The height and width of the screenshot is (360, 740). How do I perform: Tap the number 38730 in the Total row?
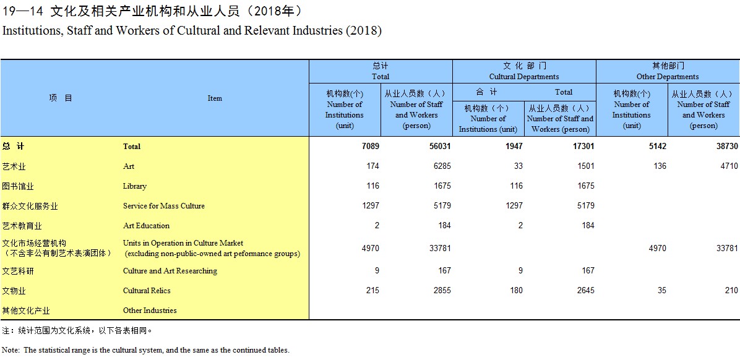click(x=726, y=146)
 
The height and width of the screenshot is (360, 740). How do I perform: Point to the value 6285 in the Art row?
click(x=442, y=166)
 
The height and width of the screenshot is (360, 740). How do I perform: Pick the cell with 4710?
click(x=729, y=166)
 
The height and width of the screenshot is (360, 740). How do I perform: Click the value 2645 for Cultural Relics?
click(x=585, y=291)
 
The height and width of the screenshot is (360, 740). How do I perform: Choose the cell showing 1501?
click(x=585, y=166)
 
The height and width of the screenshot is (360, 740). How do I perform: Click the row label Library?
click(x=134, y=186)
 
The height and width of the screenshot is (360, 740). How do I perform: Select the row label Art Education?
click(x=146, y=226)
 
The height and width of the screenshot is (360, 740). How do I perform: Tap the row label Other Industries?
click(x=150, y=311)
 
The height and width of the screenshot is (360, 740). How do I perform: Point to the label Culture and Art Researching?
click(x=170, y=271)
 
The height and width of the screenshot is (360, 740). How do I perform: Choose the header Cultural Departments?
click(x=524, y=77)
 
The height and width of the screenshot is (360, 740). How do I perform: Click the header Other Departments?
click(x=668, y=77)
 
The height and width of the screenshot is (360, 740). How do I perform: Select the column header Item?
click(x=215, y=98)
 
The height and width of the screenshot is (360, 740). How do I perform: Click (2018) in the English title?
click(x=364, y=31)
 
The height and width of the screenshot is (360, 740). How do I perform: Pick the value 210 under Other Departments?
click(x=732, y=291)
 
